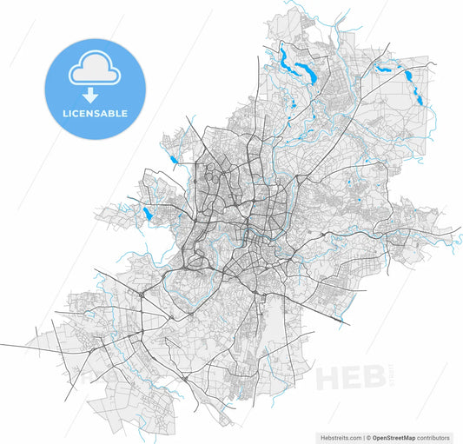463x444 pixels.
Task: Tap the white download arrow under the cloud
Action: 90,95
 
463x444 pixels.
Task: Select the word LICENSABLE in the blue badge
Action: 95,113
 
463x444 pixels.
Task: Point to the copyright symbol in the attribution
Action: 368,437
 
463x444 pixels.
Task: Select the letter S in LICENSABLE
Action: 96,113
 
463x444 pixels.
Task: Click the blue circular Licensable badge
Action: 95,87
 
